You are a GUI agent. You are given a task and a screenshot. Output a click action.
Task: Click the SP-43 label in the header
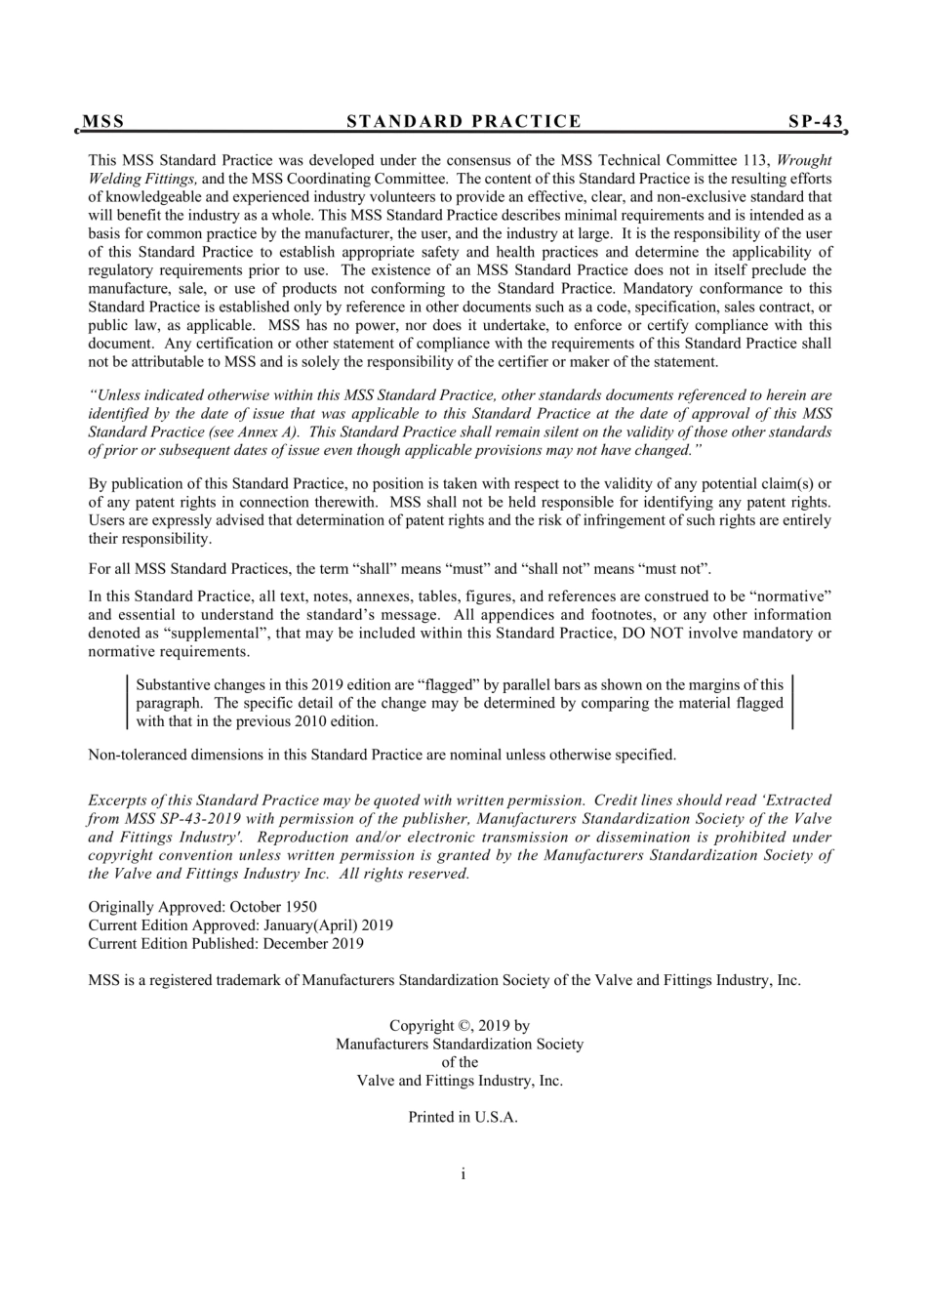coord(816,122)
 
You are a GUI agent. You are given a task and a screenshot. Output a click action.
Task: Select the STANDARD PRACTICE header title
coord(463,122)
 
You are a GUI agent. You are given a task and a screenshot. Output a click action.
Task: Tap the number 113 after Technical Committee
coord(756,160)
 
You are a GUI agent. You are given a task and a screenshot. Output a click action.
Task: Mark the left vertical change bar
coord(129,703)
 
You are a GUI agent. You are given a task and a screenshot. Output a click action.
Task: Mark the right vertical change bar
coord(791,703)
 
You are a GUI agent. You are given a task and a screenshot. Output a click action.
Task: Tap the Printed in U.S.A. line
coord(463,1118)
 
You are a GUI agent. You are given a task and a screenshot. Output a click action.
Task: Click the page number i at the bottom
coord(463,1173)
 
